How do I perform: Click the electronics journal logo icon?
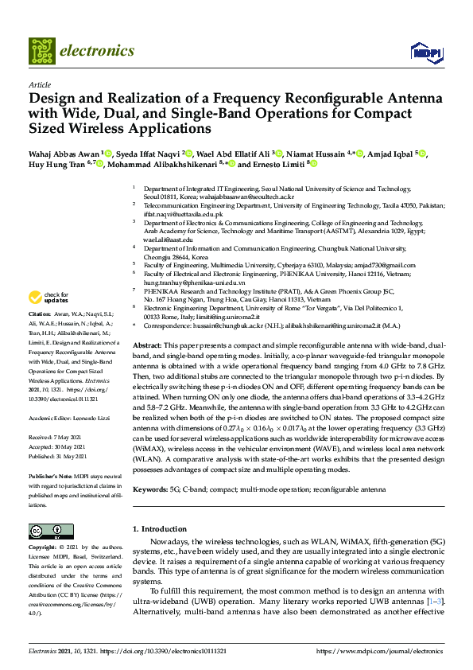[41, 51]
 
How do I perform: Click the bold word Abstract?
[146, 346]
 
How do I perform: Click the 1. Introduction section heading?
[158, 528]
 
